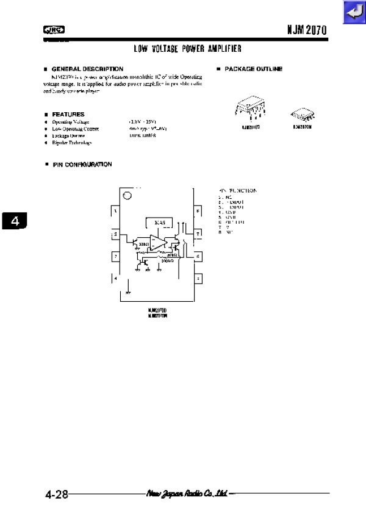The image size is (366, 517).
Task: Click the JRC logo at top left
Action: (54, 29)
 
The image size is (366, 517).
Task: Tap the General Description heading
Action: (87, 69)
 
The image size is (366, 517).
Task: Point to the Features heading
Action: (68, 114)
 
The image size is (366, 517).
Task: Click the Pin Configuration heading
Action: (81, 164)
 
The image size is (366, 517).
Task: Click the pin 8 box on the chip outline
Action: (198, 212)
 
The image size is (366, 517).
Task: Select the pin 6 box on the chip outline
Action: (198, 257)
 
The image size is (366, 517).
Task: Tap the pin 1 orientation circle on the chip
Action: (127, 196)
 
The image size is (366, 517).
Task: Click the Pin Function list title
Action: (238, 191)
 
